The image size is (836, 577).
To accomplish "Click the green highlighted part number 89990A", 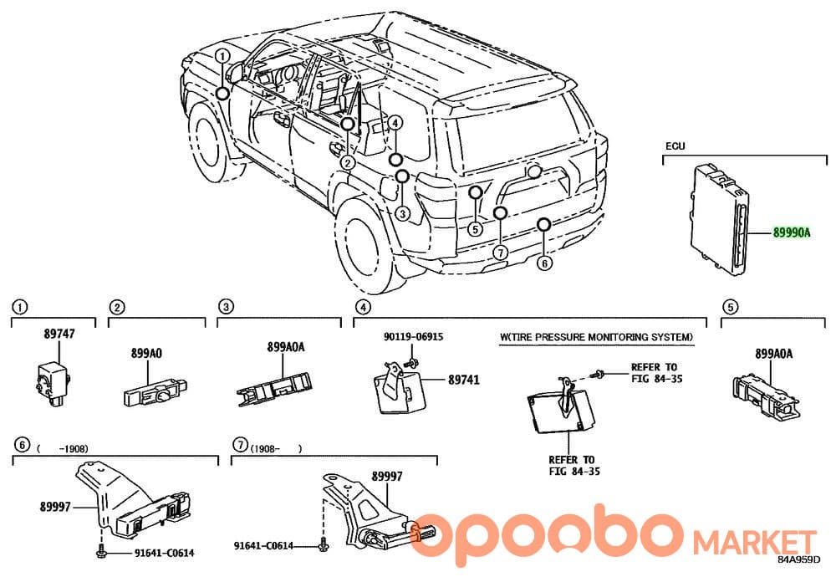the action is coord(792,232).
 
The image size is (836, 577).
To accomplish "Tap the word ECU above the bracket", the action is coord(675,146).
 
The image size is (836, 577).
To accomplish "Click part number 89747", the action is coord(59,334).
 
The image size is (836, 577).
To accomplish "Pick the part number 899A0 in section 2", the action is coord(146,353).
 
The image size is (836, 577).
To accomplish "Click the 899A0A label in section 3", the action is coord(286,347).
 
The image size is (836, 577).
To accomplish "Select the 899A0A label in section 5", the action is coord(773,353).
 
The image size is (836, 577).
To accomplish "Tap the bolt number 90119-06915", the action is coord(414,336).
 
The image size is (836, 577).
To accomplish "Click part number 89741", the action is coord(464,380).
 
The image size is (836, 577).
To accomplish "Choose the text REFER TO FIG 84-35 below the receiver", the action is coord(574,465).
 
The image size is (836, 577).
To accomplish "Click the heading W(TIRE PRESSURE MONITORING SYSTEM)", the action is coord(597,337).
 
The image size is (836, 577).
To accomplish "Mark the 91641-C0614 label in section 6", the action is coord(164,553).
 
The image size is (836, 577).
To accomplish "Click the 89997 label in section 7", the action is coord(387,476).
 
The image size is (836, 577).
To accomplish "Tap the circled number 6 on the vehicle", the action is coord(544,263).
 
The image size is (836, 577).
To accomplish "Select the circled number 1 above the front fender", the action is coord(223,56).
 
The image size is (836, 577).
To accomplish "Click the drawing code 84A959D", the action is coord(798,559).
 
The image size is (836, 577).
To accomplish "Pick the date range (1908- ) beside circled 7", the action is coord(276,448).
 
